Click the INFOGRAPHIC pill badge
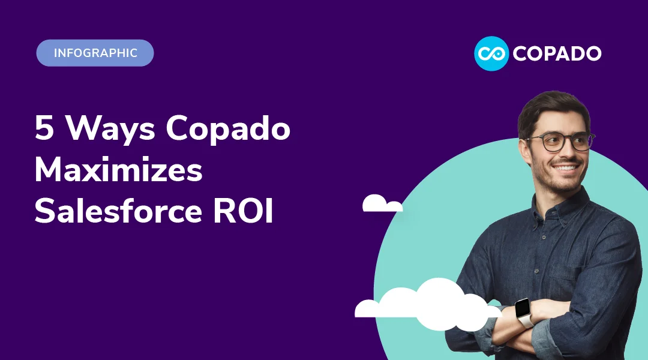[95, 53]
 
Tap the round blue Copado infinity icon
[491, 53]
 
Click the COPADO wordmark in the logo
[556, 53]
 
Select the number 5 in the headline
[44, 128]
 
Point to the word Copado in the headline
[229, 130]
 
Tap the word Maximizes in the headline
[118, 171]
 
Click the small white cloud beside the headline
[381, 205]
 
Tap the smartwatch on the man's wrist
[523, 312]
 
